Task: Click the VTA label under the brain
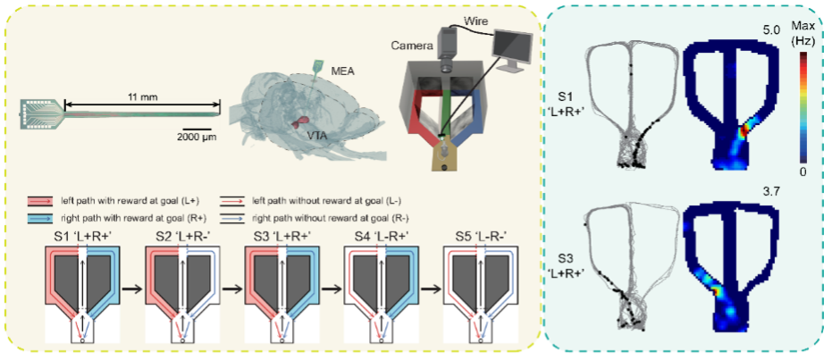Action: (315, 134)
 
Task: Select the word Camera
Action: (408, 44)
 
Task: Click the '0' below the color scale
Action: (803, 171)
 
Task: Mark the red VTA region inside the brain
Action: (305, 121)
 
